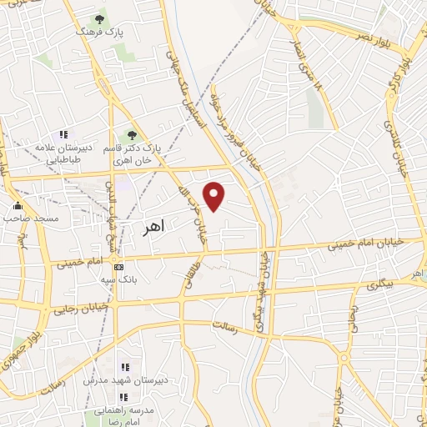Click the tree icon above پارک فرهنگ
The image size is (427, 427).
[100, 18]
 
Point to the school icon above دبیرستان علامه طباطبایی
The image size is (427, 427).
[63, 134]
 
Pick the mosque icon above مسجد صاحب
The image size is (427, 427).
[18, 205]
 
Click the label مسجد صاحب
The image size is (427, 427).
[31, 219]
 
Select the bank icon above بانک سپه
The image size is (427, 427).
[118, 267]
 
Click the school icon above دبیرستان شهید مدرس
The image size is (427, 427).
[124, 367]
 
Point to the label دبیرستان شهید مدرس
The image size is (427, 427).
[125, 379]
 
